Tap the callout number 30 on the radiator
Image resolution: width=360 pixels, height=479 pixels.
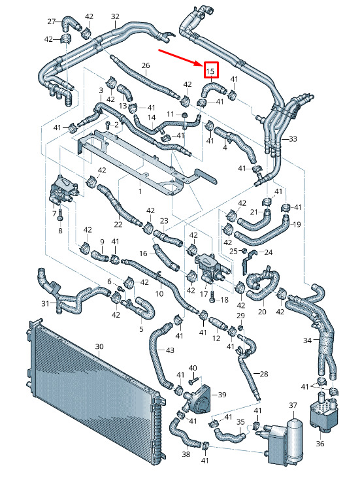tap(99, 346)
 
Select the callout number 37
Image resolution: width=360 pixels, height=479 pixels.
tap(293, 405)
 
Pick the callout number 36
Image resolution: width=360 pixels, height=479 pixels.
tap(319, 444)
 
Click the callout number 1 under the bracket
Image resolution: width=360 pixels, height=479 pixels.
tap(140, 191)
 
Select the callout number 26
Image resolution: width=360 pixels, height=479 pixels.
tap(146, 65)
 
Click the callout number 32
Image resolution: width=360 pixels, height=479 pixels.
tap(115, 16)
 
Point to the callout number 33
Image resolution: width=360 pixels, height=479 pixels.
tap(293, 139)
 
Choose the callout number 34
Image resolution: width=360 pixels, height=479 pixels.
tap(308, 340)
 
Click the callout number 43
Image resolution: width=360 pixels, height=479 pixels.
tap(169, 350)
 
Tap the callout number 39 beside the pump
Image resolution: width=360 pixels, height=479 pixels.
tap(222, 395)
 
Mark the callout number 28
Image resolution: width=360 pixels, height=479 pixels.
tap(263, 374)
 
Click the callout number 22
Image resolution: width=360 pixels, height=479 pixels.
tap(118, 225)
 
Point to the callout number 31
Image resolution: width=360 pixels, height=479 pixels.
tap(45, 303)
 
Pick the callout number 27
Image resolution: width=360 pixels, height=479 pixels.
tap(52, 22)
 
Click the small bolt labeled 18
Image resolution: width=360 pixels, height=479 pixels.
tap(212, 297)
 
